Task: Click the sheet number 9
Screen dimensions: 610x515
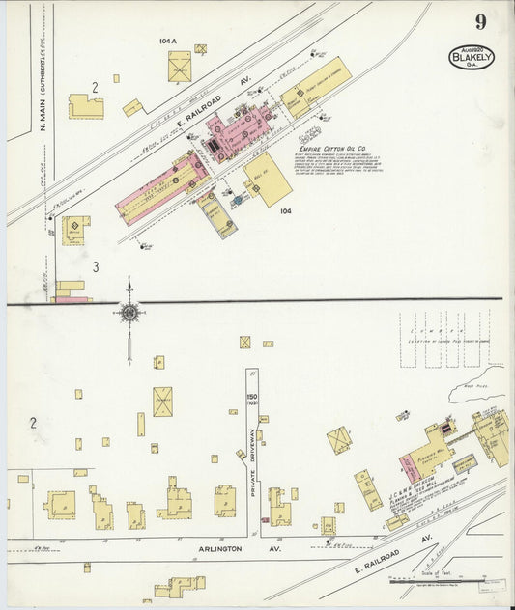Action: pos(480,21)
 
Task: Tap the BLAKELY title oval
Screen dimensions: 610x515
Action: pos(472,57)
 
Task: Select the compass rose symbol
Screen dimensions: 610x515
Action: pos(129,311)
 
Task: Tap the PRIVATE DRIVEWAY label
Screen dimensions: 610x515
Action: pos(252,462)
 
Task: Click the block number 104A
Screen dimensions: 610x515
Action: pos(167,42)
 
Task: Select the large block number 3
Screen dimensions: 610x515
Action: pos(96,265)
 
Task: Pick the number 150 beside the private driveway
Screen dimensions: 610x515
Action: pos(252,398)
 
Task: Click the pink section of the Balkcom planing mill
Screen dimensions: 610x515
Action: pos(408,467)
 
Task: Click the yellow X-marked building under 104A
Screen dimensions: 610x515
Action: pos(180,67)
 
